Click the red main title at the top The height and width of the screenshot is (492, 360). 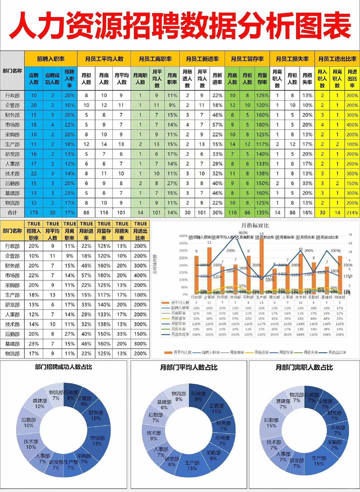[180, 26]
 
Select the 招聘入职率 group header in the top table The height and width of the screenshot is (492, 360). [51, 59]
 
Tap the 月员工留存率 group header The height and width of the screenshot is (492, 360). [247, 59]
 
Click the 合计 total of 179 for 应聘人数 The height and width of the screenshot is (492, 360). [34, 213]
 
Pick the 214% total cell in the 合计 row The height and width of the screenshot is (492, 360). [352, 213]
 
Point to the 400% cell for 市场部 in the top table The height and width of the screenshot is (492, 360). [352, 125]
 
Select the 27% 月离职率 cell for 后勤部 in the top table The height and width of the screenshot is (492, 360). [172, 183]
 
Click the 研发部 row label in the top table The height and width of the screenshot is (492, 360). [12, 154]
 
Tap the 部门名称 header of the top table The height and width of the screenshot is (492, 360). [12, 71]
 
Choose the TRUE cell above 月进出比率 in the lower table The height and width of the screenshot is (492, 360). [140, 224]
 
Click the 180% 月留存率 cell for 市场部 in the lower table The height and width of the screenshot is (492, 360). [104, 276]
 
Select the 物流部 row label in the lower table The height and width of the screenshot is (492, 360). [12, 354]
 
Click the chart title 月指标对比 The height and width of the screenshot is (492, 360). [255, 226]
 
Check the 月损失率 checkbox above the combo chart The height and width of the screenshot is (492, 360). [298, 237]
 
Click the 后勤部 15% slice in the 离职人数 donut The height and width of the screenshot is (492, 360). [271, 423]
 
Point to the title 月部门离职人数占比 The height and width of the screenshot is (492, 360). [304, 367]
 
